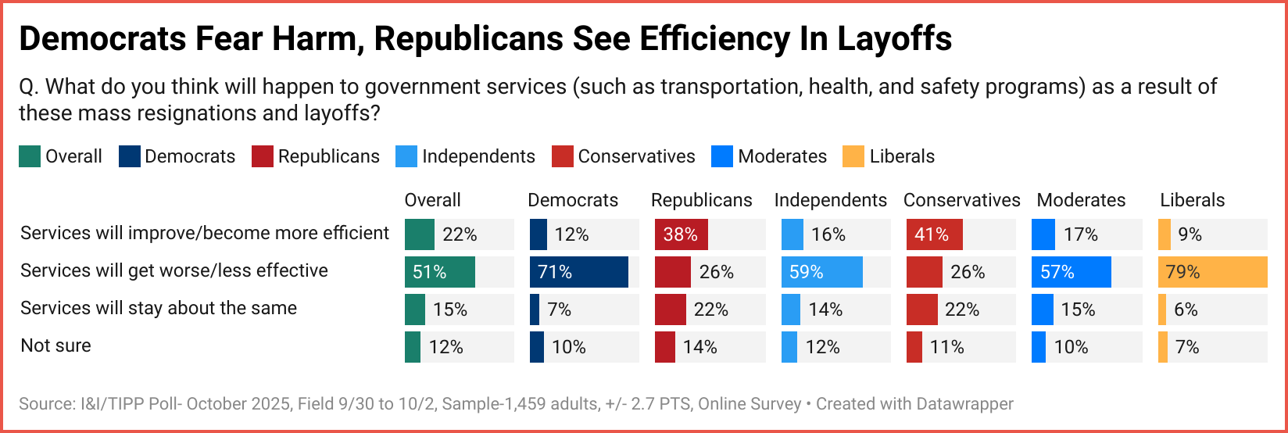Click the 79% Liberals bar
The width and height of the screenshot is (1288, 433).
tap(1212, 272)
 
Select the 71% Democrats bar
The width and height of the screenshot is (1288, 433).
tap(578, 272)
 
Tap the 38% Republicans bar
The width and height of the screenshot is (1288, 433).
tap(682, 234)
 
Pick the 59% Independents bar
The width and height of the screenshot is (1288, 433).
tap(821, 272)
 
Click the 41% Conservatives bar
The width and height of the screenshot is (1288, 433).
tap(934, 234)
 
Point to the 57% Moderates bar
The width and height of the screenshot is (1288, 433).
tap(1071, 272)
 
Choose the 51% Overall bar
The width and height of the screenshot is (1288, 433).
tap(440, 272)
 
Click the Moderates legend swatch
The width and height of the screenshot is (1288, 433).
tap(722, 156)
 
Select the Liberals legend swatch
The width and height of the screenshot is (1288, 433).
tap(853, 156)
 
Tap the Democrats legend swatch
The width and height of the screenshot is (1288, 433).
tap(129, 156)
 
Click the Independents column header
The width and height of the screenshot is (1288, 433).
tap(830, 200)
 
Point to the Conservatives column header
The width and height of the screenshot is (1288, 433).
tap(961, 200)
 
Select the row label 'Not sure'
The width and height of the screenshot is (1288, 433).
tap(55, 345)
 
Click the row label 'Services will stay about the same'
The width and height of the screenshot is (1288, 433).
tap(159, 308)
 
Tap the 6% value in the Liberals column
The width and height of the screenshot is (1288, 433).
tap(1186, 310)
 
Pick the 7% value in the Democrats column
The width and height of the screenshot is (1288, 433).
tap(559, 310)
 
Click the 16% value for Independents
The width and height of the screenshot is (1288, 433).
tap(828, 234)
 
